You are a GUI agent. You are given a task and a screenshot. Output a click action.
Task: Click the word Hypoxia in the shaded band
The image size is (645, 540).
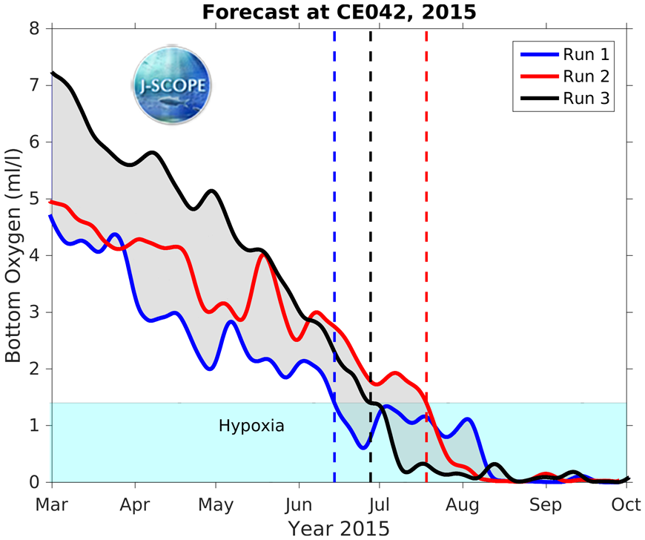[x=251, y=427]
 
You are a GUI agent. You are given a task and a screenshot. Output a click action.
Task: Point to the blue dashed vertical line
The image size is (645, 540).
[x=334, y=223]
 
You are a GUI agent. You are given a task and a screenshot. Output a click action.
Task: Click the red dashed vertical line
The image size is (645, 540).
[x=426, y=223]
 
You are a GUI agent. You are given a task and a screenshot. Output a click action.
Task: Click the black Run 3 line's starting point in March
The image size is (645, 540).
[x=51, y=73]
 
